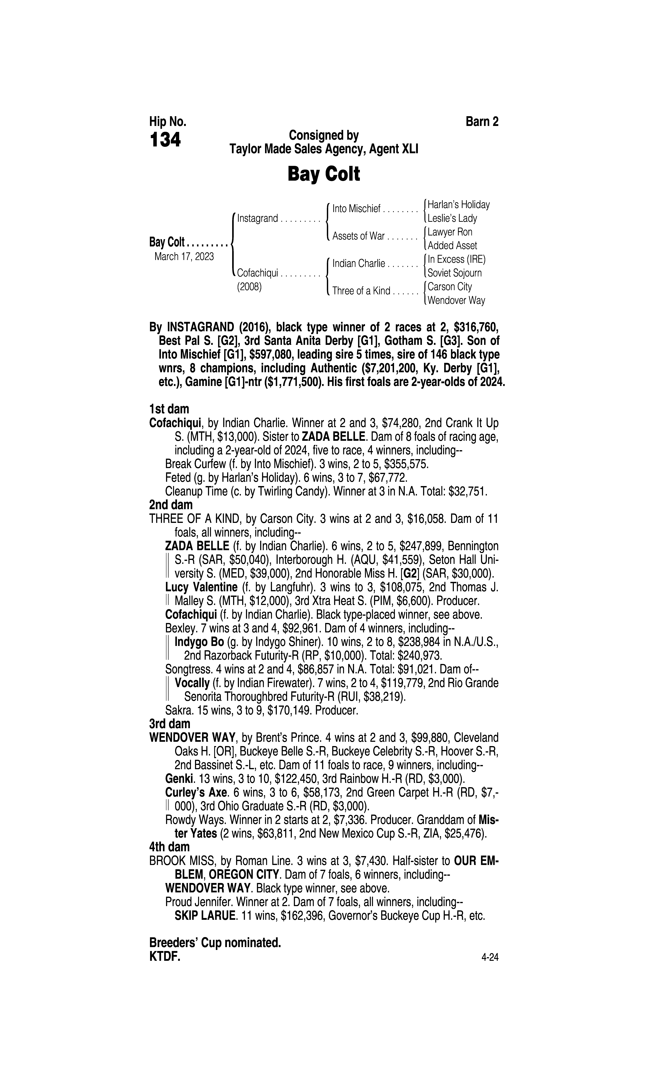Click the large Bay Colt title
[324, 174]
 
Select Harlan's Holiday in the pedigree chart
[458, 204]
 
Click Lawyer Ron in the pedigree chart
[450, 232]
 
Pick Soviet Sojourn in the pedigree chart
[455, 273]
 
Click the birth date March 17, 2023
[184, 256]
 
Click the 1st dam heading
[169, 409]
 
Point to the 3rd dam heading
[170, 724]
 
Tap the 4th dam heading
[169, 847]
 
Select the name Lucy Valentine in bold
[201, 587]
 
